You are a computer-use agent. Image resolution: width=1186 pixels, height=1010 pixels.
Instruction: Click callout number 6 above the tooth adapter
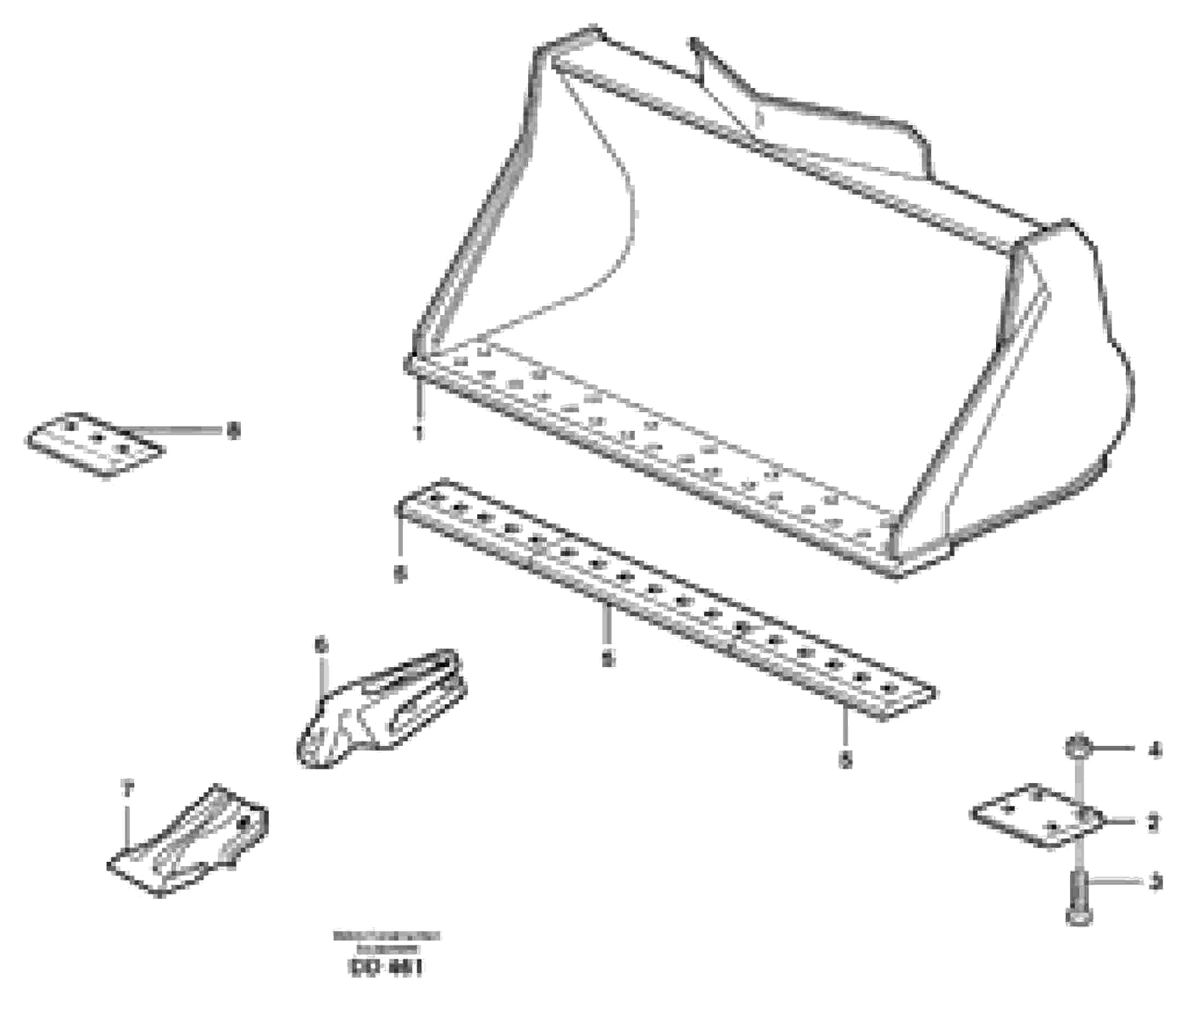coord(322,646)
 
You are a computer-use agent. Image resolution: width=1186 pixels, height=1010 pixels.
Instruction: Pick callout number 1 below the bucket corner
coord(420,433)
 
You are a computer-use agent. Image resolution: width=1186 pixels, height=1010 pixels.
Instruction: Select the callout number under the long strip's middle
coord(608,659)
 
